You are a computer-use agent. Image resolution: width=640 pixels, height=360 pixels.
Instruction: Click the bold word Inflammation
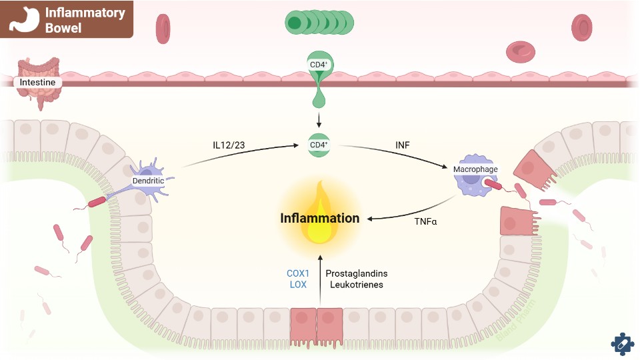(320, 218)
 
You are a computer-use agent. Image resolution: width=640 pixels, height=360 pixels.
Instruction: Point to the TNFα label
(425, 221)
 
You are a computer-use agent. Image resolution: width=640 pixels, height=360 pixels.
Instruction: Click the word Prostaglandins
(357, 273)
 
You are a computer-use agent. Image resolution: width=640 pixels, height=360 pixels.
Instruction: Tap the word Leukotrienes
(357, 285)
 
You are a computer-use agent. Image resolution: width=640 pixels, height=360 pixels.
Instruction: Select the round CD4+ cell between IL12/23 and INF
(319, 145)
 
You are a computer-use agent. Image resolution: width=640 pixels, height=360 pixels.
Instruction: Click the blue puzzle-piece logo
(622, 343)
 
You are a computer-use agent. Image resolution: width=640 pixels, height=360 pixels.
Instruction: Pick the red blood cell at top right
(581, 27)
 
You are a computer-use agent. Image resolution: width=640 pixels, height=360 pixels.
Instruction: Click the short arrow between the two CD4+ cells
(319, 120)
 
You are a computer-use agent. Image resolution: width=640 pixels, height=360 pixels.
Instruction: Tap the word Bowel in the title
(63, 28)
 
